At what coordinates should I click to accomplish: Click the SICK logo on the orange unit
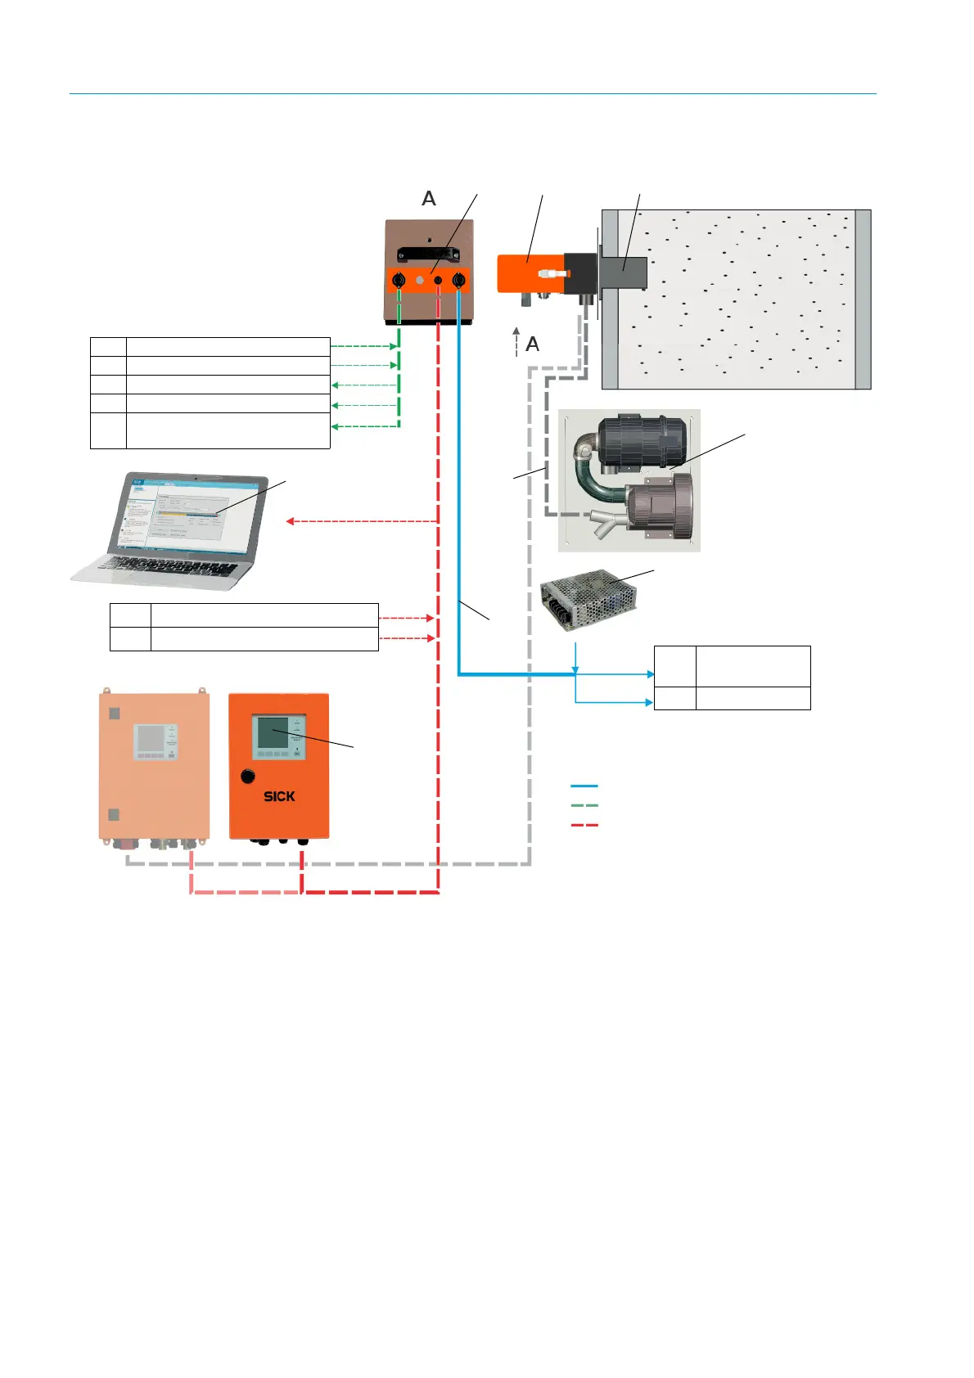279,796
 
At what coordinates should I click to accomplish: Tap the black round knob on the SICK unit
248,776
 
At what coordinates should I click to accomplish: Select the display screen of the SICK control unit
273,732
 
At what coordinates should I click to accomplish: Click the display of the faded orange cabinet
150,739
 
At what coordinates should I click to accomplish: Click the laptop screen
196,512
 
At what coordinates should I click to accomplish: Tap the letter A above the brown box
429,199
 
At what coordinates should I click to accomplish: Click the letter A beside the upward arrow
533,344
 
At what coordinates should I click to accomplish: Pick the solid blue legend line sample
584,786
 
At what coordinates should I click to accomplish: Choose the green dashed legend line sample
584,806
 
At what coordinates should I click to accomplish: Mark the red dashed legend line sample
584,826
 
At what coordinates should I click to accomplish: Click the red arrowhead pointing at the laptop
290,521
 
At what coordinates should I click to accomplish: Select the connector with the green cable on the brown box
399,280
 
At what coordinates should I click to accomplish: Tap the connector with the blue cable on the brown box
459,280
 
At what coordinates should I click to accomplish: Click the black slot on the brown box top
429,254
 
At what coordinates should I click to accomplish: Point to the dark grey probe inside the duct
626,273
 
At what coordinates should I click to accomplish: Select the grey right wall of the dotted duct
863,299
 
